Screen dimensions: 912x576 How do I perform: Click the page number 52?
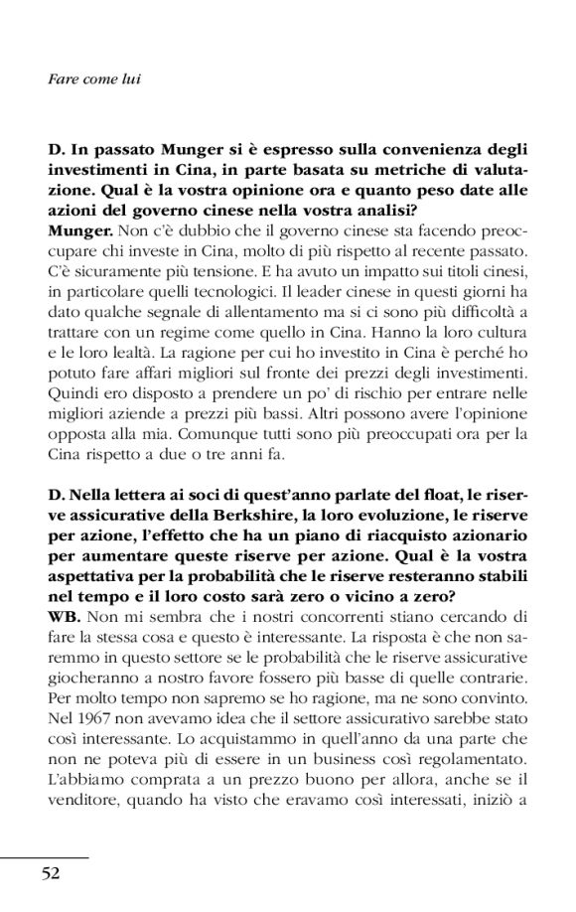click(51, 871)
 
